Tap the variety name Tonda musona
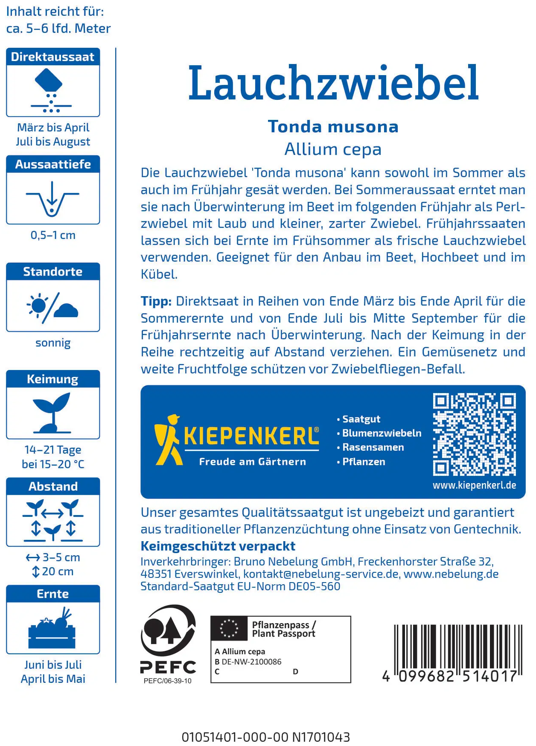333,127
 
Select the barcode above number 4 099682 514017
458,647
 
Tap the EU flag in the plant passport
229,628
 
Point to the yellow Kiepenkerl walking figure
168,440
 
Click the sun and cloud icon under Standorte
52,306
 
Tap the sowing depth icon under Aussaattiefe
52,198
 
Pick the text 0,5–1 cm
53,235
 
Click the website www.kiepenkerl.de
474,485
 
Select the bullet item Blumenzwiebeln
382,433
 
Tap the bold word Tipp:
156,301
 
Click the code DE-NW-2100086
251,662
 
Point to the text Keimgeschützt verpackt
218,546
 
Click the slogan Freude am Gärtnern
252,462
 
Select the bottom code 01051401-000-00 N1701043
265,737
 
